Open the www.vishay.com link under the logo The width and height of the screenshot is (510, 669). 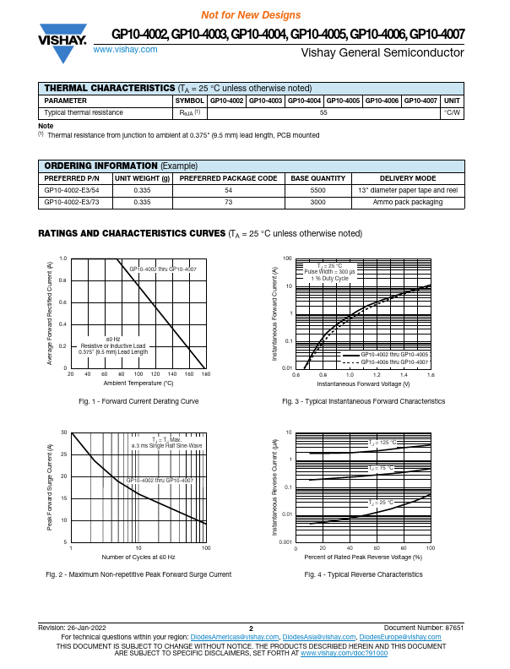pyautogui.click(x=125, y=50)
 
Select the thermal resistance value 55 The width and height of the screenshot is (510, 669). pyautogui.click(x=323, y=112)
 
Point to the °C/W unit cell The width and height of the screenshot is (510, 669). pyautogui.click(x=452, y=112)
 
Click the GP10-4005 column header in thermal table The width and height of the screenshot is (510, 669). pyautogui.click(x=343, y=101)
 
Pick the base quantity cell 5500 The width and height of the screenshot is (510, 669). pyautogui.click(x=317, y=191)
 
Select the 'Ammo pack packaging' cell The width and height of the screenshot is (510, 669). pyautogui.click(x=408, y=203)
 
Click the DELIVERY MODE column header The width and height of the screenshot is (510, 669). pyautogui.click(x=408, y=179)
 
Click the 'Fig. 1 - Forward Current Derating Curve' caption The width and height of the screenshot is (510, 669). pyautogui.click(x=138, y=401)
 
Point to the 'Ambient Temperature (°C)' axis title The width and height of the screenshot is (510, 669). pyautogui.click(x=138, y=383)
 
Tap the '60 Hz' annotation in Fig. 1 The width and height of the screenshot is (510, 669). pyautogui.click(x=112, y=338)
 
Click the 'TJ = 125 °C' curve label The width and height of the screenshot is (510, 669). pyautogui.click(x=382, y=443)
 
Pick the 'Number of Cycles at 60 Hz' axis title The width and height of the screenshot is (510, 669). pyautogui.click(x=138, y=557)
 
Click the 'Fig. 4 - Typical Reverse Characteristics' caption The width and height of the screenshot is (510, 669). pyautogui.click(x=363, y=574)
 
